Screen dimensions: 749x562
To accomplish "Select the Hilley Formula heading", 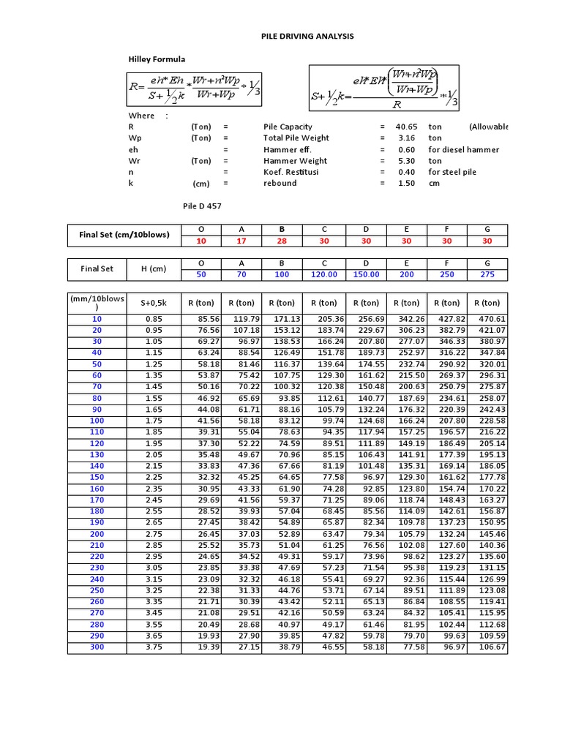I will coord(157,59).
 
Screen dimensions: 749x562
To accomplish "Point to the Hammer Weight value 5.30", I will coord(406,161).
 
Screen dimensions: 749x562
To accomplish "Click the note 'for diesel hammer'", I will coord(463,149).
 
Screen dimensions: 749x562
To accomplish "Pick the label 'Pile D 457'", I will coord(202,206).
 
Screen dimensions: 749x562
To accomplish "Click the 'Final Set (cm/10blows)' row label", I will coord(124,235).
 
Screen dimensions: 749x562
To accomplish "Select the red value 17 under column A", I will coord(241,241).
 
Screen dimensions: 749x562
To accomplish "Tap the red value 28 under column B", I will coord(282,241).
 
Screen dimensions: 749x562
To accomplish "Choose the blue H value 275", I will coord(487,274).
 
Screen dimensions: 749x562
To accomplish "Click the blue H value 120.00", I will coord(323,274).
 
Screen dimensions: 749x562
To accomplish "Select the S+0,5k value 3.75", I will coord(154,648).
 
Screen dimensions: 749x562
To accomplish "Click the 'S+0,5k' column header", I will coord(154,303).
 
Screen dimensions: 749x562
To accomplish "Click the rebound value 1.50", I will coord(406,184).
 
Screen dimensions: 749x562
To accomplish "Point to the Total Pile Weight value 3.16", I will coord(406,138).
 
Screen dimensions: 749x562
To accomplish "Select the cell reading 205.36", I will coord(325,319).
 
